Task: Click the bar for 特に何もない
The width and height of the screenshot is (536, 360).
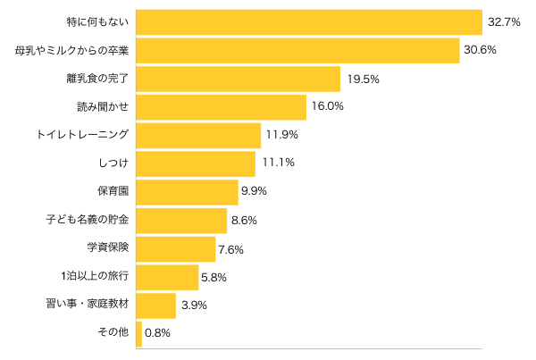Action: (308, 22)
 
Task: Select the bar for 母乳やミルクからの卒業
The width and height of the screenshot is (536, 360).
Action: (297, 51)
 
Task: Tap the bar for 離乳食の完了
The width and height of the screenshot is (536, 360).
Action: (238, 79)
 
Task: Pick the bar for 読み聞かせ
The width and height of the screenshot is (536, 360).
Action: (221, 106)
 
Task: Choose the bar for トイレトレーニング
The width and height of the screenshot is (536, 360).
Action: (198, 135)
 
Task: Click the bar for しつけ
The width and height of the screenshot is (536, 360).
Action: (196, 163)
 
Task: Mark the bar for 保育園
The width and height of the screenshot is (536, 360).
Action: (187, 192)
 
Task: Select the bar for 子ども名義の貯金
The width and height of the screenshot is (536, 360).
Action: (181, 221)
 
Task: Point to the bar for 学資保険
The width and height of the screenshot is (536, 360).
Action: (176, 248)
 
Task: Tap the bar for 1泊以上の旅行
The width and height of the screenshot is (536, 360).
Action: (167, 277)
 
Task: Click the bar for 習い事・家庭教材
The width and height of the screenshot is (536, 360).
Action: (156, 306)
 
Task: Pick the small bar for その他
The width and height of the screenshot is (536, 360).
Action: (139, 333)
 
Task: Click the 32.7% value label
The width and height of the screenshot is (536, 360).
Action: (502, 21)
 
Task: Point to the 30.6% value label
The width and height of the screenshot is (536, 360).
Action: (479, 50)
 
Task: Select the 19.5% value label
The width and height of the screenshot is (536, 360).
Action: (363, 79)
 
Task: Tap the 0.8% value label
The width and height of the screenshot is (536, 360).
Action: (157, 333)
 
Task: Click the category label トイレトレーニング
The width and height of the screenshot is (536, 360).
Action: (83, 135)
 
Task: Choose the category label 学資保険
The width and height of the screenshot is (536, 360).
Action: (108, 248)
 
